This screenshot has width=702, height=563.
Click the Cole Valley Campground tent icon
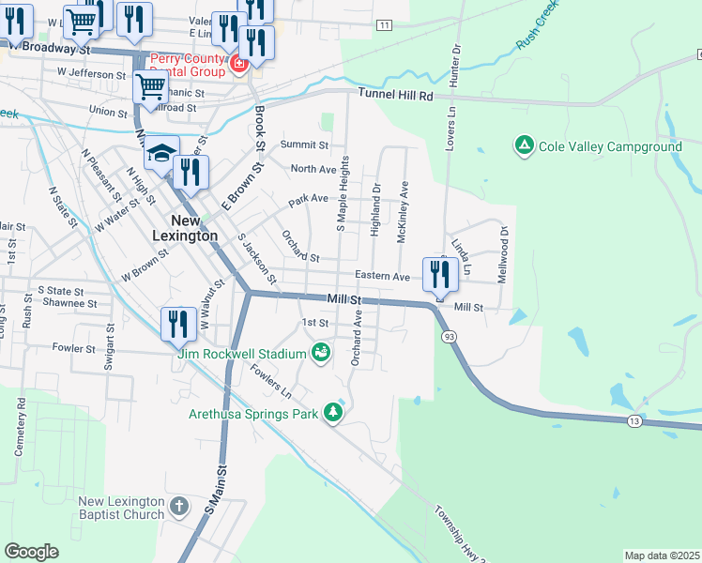click(x=524, y=145)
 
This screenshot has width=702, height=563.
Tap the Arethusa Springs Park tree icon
click(x=332, y=412)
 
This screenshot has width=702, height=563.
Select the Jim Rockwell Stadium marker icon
click(x=321, y=352)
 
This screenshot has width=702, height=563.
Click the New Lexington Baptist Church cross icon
click(x=180, y=509)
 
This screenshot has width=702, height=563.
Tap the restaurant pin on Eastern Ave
click(x=438, y=273)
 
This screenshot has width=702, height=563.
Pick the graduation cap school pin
click(x=161, y=153)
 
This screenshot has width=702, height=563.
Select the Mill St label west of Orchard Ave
click(x=344, y=298)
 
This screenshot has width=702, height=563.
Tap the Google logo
click(x=32, y=552)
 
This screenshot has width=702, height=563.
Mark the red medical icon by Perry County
click(x=238, y=64)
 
